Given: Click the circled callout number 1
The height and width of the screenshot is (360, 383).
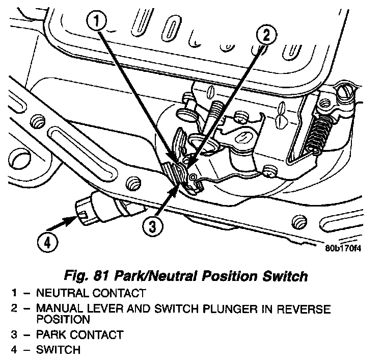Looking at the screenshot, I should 99,22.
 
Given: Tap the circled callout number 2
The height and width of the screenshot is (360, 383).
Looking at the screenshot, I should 267,36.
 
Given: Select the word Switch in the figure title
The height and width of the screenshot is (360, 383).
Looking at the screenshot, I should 283,277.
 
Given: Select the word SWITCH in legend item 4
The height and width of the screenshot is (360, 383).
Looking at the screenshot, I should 58,350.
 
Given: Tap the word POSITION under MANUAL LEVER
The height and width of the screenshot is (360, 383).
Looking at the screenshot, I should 63,320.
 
